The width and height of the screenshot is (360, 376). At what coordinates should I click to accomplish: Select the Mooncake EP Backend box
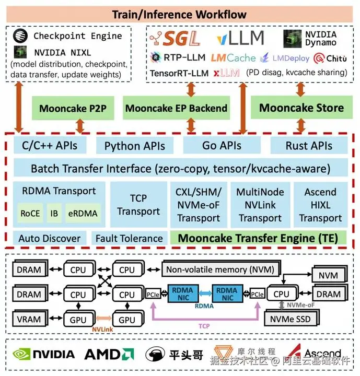coord(176,109)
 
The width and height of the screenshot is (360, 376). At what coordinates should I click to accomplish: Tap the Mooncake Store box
coord(301,108)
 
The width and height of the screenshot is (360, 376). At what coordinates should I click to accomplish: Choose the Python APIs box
coord(135,146)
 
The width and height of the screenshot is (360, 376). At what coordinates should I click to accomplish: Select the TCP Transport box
coord(138,205)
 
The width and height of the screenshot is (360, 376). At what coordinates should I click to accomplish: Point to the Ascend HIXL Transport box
coord(320,205)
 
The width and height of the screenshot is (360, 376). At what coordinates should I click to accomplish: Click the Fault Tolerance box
coord(129,239)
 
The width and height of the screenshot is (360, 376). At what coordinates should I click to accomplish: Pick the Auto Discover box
coord(50,239)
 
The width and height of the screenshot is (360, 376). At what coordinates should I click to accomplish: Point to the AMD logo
coord(109,355)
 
